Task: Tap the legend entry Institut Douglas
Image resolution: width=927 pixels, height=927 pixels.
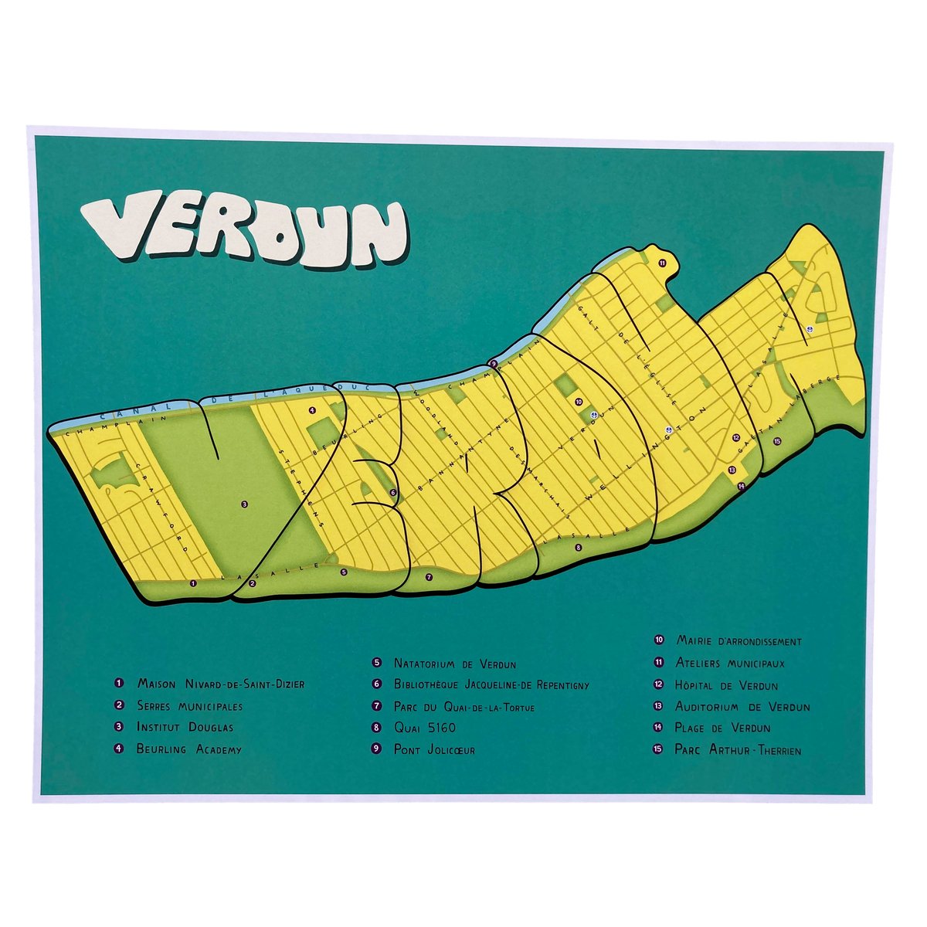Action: (185, 727)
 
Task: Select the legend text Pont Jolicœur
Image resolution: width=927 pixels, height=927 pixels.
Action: (433, 749)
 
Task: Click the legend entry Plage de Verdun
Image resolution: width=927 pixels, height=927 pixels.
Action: (722, 728)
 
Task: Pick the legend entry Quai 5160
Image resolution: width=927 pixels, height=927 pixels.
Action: (424, 728)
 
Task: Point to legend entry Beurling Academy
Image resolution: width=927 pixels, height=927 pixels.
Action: (188, 749)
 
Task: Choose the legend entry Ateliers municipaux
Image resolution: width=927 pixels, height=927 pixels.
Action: (730, 663)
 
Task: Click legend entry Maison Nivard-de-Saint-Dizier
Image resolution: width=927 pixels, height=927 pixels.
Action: (220, 684)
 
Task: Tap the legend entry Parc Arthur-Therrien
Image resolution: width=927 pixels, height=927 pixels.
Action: (737, 749)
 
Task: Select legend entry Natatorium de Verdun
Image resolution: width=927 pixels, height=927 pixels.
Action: (454, 663)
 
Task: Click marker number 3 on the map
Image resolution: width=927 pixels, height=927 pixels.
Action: (244, 504)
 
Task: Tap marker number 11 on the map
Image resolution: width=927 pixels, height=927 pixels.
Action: (662, 263)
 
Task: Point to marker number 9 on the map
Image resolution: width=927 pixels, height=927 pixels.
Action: (493, 363)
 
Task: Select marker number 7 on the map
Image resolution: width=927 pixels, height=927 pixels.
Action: (430, 576)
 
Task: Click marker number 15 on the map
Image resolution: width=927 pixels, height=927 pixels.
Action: (777, 441)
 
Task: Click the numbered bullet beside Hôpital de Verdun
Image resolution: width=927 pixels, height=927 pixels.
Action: (659, 685)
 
